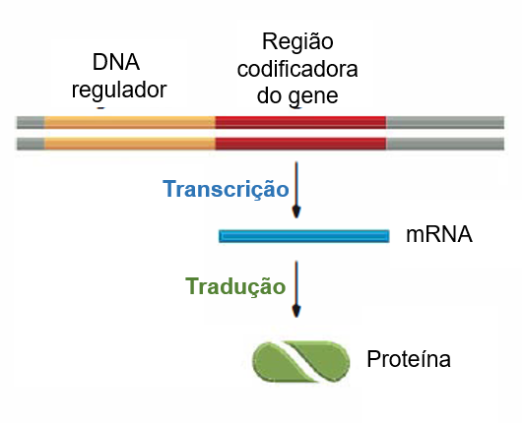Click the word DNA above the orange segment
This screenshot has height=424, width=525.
pos(116,62)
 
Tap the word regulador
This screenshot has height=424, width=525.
pos(119,91)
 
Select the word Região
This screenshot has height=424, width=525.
pos(297,42)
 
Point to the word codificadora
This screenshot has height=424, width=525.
pos(297,69)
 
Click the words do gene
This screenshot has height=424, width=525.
pos(297,96)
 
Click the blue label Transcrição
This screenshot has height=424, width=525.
pos(226,189)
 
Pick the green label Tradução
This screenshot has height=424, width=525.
pos(235,287)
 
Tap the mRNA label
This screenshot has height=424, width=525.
pos(439,234)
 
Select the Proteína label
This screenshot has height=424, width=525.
pos(409,359)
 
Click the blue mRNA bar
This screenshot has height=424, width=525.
pos(304,236)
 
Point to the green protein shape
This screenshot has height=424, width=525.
pos(301,361)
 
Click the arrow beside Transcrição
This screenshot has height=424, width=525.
pos(296,190)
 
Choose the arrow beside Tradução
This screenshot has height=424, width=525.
pos(296,289)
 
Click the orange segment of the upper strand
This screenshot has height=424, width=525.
pos(130,123)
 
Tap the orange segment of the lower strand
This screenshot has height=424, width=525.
pos(130,144)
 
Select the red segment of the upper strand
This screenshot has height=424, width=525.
pos(300,123)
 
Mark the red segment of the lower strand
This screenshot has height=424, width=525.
pos(300,144)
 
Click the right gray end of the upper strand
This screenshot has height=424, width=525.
pos(445,123)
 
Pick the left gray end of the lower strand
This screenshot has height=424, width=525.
pos(31,144)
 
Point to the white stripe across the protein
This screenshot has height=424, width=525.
pos(301,361)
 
